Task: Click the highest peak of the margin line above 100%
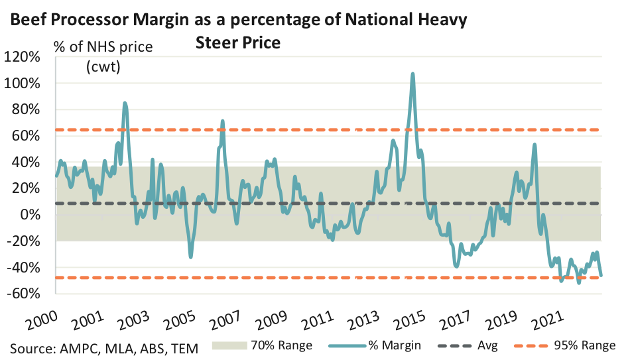coord(413,74)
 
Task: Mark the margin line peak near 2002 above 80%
coord(125,103)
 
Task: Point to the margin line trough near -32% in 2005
coord(191,257)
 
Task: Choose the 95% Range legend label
coord(586,345)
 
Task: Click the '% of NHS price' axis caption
coord(103,48)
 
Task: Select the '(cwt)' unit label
coord(103,67)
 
